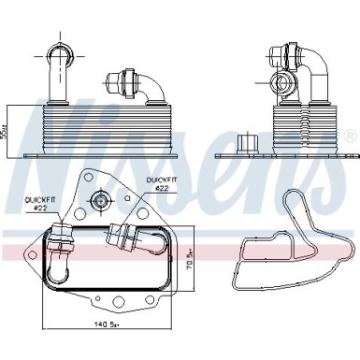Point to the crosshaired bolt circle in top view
point(100,198)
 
